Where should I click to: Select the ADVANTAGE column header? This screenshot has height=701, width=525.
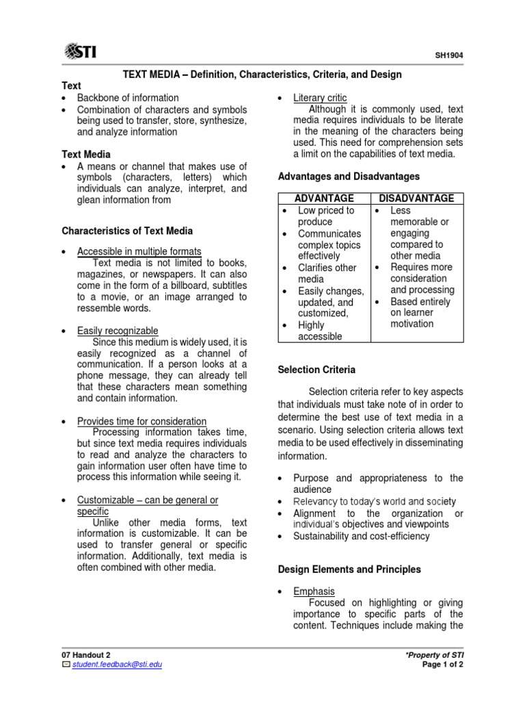[x=324, y=199]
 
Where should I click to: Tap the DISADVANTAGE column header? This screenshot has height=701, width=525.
[x=417, y=199]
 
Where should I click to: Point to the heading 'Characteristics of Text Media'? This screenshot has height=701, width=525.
[x=127, y=231]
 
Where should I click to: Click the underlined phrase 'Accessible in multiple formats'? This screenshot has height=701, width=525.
[x=139, y=252]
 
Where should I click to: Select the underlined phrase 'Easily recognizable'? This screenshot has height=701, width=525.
[x=118, y=331]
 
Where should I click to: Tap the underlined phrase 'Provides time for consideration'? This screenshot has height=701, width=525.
[x=142, y=421]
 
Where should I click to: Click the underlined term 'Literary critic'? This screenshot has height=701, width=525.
[x=320, y=98]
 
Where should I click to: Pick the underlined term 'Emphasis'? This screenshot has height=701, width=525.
[x=314, y=591]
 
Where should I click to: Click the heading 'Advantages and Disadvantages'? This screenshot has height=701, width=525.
[x=349, y=177]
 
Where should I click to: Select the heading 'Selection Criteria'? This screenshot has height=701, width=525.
[x=317, y=370]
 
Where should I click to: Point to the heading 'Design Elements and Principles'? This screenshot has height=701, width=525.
[x=349, y=570]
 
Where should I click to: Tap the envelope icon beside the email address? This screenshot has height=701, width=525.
[x=66, y=665]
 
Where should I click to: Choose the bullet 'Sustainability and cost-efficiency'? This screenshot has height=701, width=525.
[x=362, y=536]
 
